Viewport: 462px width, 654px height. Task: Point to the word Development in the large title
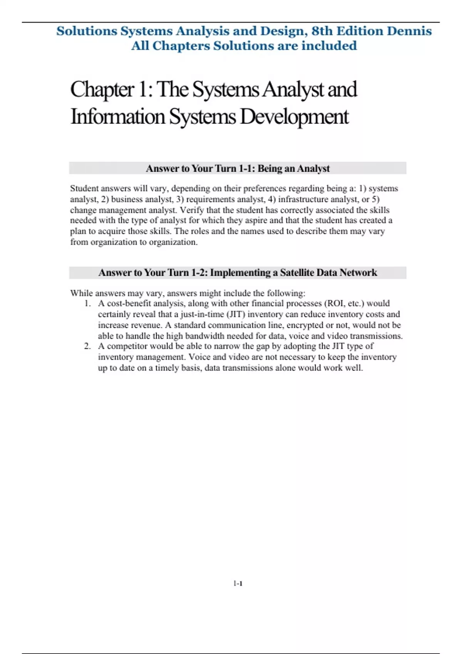[x=294, y=117]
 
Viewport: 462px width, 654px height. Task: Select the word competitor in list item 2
[x=127, y=346]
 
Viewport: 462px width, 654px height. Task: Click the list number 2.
[x=87, y=346]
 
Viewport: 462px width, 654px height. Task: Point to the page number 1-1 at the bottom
[x=238, y=584]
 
